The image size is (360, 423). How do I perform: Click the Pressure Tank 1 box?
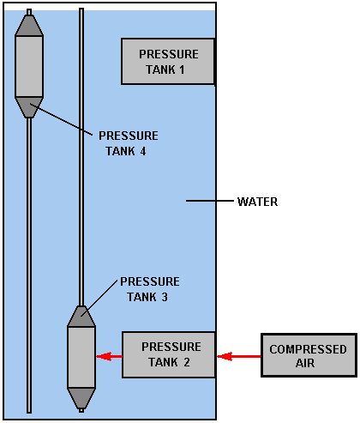pyautogui.click(x=168, y=61)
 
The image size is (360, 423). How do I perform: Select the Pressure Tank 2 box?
pyautogui.click(x=169, y=354)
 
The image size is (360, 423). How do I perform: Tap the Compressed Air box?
pyautogui.click(x=309, y=355)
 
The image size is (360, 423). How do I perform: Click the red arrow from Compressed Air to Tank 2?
pyautogui.click(x=239, y=356)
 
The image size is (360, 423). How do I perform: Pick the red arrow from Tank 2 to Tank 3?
pyautogui.click(x=109, y=356)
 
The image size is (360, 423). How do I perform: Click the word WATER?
pyautogui.click(x=257, y=202)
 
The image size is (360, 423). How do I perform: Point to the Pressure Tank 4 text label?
pyautogui.click(x=128, y=143)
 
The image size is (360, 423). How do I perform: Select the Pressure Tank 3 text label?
pyautogui.click(x=149, y=289)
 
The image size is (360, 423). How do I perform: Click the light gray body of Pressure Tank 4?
pyautogui.click(x=29, y=66)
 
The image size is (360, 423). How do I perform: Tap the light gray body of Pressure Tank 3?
pyautogui.click(x=81, y=357)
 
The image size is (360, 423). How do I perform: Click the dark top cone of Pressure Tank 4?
pyautogui.click(x=29, y=25)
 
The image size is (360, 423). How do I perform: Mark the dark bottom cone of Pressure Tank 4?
pyautogui.click(x=29, y=107)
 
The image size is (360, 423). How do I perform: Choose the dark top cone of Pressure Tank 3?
pyautogui.click(x=81, y=316)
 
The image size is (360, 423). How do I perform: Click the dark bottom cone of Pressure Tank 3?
pyautogui.click(x=81, y=398)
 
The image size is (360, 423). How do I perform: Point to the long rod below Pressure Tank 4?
pyautogui.click(x=29, y=265)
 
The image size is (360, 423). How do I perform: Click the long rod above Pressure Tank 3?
pyautogui.click(x=81, y=157)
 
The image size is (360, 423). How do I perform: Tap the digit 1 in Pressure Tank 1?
pyautogui.click(x=182, y=69)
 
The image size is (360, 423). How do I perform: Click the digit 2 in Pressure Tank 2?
pyautogui.click(x=187, y=362)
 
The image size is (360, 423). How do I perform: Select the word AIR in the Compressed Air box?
pyautogui.click(x=305, y=363)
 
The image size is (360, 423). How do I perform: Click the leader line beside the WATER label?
pyautogui.click(x=210, y=201)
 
